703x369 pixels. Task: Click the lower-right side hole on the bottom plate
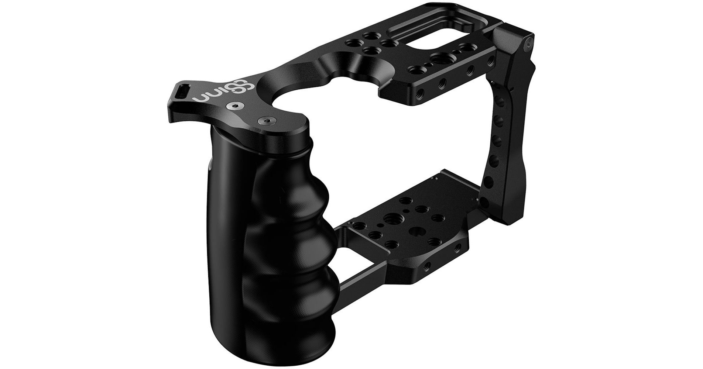[427, 265]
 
